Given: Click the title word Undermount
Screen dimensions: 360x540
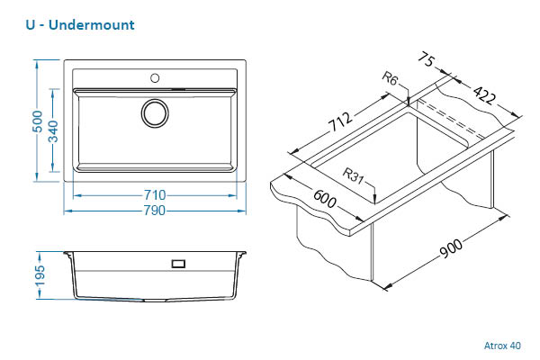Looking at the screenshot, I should [94, 24].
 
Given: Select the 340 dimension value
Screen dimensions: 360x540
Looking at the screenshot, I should [55, 131].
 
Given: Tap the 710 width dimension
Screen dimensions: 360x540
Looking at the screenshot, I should [155, 195].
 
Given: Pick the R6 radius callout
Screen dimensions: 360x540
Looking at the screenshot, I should [390, 80].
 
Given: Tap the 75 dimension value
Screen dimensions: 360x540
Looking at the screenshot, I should [427, 59].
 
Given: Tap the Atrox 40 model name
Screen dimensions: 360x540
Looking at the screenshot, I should [502, 344].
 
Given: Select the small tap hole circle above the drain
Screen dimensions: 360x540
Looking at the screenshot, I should [155, 77].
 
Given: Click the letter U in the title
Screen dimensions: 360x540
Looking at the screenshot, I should [32, 24].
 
